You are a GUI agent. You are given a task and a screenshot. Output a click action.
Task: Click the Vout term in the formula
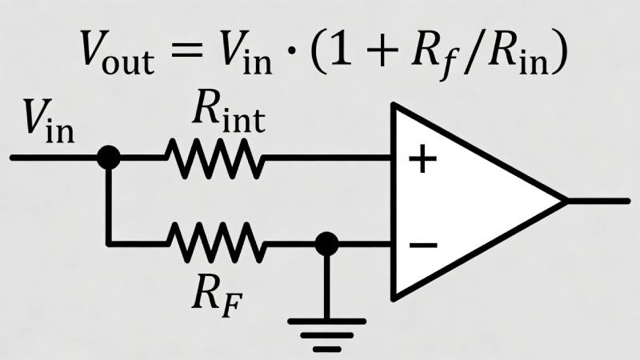point(119,54)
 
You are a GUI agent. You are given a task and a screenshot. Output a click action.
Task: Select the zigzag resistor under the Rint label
point(214,158)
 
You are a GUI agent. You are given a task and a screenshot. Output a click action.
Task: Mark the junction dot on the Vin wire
point(108,158)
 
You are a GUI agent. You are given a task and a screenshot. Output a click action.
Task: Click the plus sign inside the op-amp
point(422,159)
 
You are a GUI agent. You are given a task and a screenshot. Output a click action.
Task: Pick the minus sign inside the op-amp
point(422,243)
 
